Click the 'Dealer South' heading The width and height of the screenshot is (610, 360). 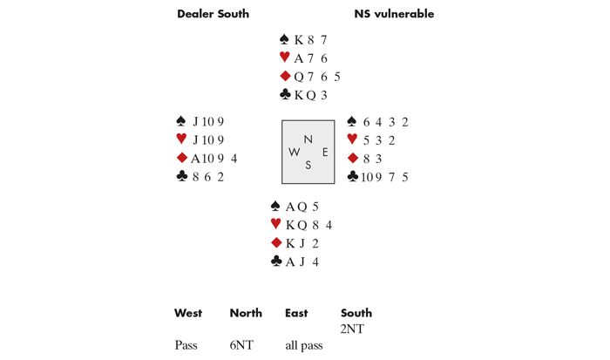213,14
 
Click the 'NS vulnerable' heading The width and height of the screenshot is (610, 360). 394,14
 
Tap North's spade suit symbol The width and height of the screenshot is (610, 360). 284,39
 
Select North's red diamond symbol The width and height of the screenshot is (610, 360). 285,76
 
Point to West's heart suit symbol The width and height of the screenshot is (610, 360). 181,139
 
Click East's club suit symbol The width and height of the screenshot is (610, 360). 352,176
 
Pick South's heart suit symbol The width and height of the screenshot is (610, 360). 276,223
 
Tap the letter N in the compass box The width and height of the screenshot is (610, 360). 308,139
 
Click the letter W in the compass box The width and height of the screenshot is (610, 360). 295,153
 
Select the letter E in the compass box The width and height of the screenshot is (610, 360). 325,153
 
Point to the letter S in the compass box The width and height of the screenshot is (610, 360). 308,165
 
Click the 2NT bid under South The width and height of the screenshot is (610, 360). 352,329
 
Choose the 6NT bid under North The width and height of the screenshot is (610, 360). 241,345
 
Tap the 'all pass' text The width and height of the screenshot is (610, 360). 304,345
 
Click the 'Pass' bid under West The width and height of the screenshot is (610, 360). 186,345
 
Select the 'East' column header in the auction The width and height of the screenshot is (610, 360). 296,313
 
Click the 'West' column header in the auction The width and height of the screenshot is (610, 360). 188,313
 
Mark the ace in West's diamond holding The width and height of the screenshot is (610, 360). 195,159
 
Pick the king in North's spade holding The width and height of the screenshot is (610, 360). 299,40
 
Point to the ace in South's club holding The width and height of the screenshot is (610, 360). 290,262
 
